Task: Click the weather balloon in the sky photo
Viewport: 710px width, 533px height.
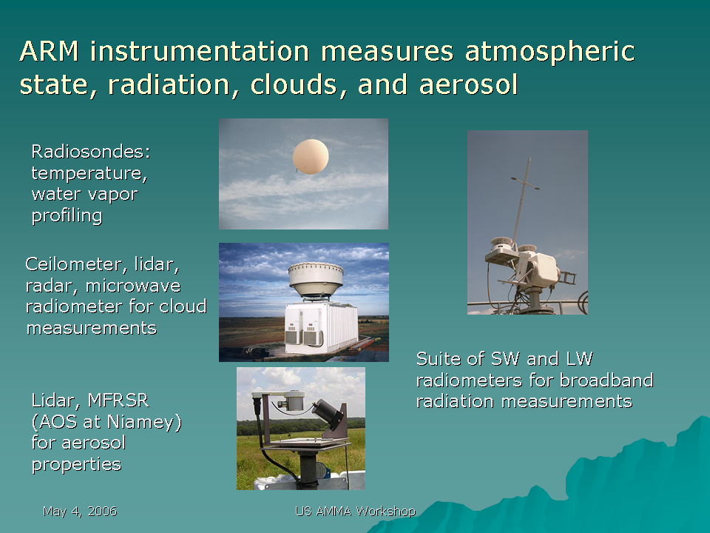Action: pos(311,156)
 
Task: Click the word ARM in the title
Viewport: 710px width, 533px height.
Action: pos(50,51)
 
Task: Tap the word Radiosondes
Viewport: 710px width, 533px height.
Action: pos(90,151)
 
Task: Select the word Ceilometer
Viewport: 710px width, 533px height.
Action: pos(73,264)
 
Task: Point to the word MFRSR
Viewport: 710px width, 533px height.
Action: pos(118,400)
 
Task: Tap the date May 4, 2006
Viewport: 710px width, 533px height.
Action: pos(80,512)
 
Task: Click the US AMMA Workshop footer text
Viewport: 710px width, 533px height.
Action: pos(356,512)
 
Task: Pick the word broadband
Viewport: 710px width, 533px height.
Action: pos(606,381)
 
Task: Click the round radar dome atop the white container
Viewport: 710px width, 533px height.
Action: pos(316,280)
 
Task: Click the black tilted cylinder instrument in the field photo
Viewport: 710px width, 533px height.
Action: pos(328,414)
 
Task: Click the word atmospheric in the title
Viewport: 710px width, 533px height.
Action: pos(550,52)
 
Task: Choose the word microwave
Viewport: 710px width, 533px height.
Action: pos(133,286)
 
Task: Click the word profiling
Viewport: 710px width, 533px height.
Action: pos(67,215)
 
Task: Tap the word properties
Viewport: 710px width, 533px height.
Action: pos(76,465)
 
